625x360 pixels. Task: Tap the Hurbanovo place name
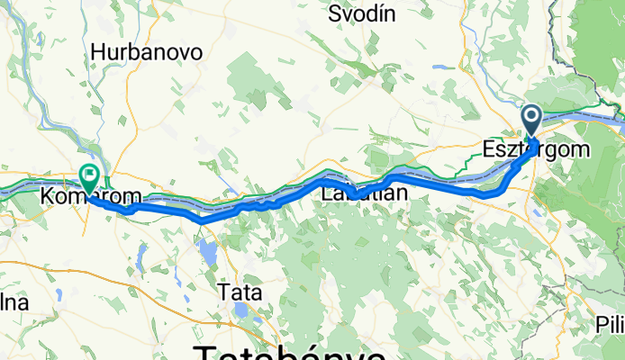[x=145, y=52]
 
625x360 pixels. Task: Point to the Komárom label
[x=79, y=195]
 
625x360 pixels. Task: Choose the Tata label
[x=240, y=292]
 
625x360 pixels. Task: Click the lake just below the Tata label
[x=240, y=310]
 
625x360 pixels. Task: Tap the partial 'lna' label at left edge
[x=14, y=302]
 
